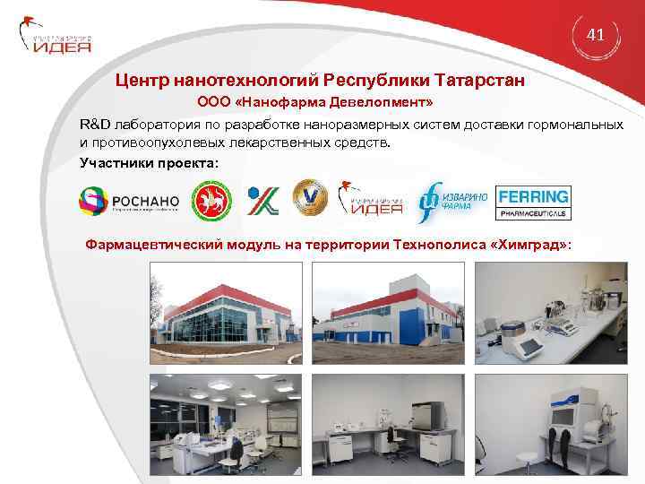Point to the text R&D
93,123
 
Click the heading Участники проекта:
148,162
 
